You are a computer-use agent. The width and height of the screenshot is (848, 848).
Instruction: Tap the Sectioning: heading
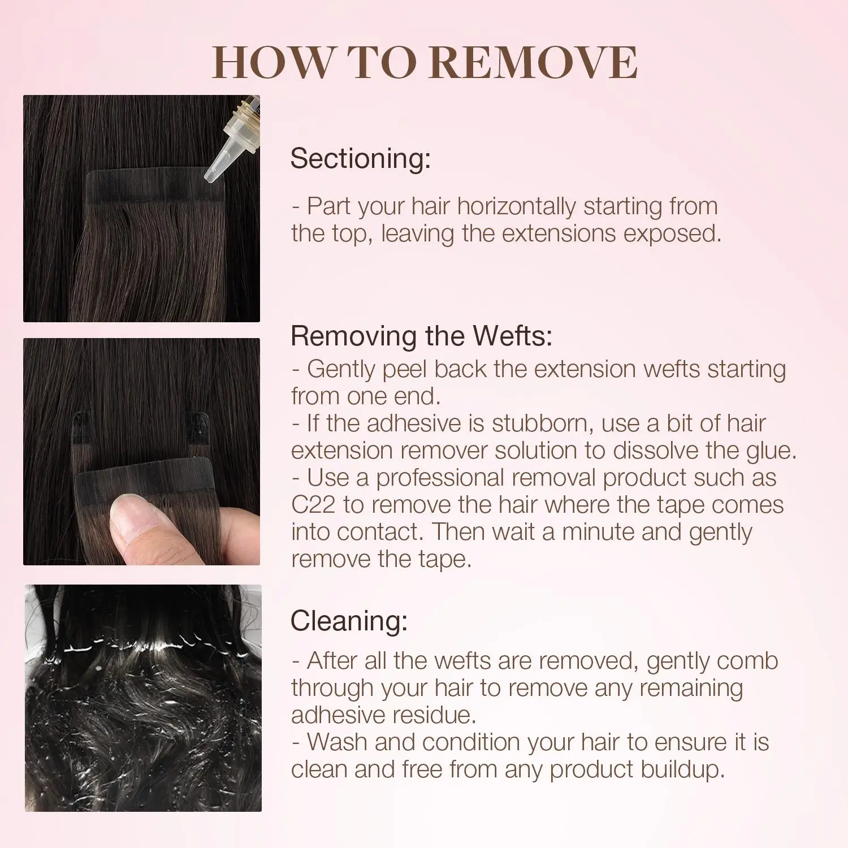[361, 158]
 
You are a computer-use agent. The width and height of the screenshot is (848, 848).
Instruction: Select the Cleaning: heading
[349, 621]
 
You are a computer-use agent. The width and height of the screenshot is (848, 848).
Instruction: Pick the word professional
[440, 478]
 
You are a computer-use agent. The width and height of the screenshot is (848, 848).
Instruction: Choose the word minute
[599, 532]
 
